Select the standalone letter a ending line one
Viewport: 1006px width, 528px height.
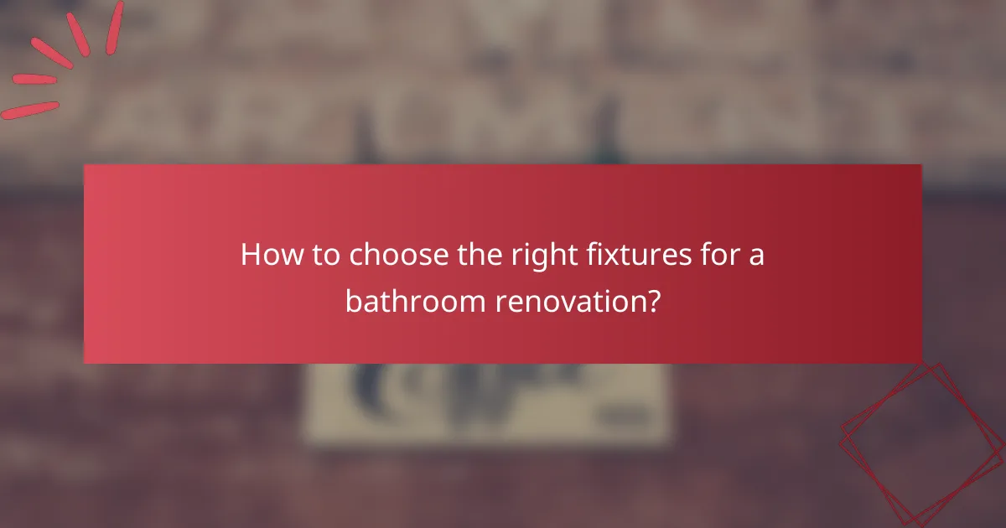756,257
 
